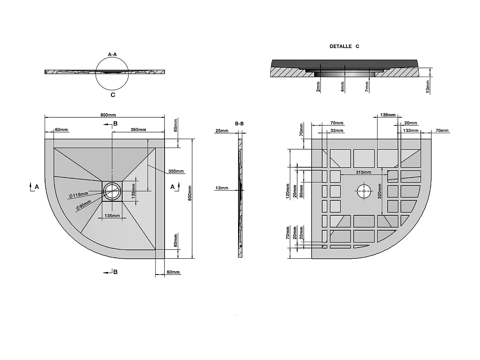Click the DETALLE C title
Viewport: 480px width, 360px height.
[x=344, y=46]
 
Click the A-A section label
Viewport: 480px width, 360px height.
[x=112, y=54]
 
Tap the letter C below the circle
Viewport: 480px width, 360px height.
[x=113, y=95]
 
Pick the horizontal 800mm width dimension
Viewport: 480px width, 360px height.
[x=108, y=115]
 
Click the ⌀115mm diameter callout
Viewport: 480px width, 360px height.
[x=78, y=195]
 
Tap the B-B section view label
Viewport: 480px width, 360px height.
[x=239, y=123]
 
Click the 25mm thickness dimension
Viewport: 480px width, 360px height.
[x=222, y=131]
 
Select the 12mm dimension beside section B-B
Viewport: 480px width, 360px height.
[x=222, y=188]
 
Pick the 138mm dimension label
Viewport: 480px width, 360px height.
[x=387, y=115]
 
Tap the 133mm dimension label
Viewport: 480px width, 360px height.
[x=410, y=130]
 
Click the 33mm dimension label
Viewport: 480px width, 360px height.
[x=337, y=130]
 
